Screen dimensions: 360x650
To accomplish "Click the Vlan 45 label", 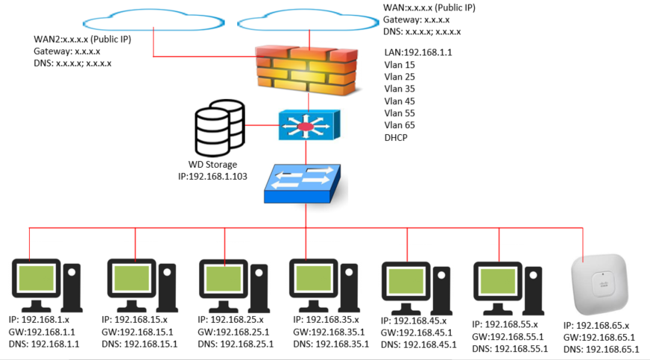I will point(400,101).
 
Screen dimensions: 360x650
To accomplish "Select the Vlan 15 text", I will point(400,65).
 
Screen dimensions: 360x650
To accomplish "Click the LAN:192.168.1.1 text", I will point(418,52).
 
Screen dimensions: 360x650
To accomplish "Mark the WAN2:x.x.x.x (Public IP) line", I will point(83,39).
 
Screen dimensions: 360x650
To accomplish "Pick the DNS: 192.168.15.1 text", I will point(139,344).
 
